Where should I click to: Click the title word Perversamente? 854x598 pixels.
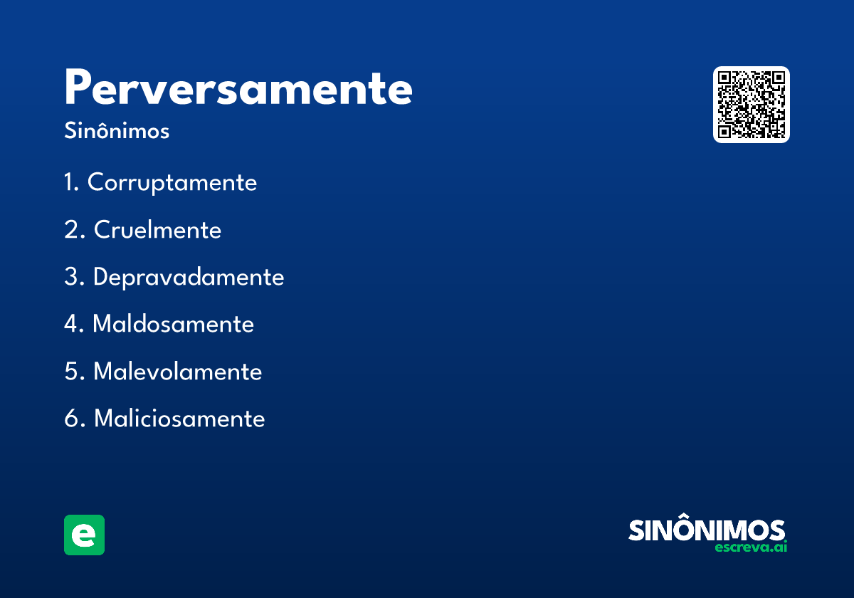pos(238,89)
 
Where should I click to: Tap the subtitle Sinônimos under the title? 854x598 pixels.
pos(117,132)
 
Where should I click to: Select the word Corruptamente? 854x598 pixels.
pos(172,183)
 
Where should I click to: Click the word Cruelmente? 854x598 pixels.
pos(157,230)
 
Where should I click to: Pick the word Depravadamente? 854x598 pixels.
pos(189,277)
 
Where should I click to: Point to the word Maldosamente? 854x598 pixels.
pos(173,325)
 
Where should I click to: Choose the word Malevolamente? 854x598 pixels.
pos(177,372)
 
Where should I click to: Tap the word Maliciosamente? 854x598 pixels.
pos(179,419)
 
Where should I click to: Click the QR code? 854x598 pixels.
pos(752,105)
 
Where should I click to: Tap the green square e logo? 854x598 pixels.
pos(84,535)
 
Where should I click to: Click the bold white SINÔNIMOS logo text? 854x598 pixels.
pos(707,530)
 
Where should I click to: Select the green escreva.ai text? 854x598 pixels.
pos(751,547)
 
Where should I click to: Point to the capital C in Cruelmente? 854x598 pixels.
pos(102,230)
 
